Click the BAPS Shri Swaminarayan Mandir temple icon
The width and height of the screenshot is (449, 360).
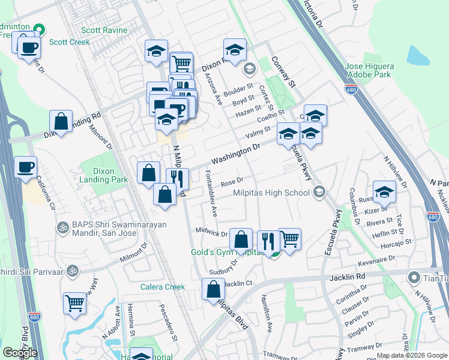point(61,227)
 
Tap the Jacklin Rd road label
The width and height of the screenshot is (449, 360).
point(348,277)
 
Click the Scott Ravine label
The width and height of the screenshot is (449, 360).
point(104,30)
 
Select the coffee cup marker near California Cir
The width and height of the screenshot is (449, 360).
point(25,167)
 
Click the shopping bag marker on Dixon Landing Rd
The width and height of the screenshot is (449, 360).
point(61,121)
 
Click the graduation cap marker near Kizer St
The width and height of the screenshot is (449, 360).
point(384,191)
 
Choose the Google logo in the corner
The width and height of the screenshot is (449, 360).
point(20,353)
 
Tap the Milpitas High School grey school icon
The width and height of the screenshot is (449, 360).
point(319,193)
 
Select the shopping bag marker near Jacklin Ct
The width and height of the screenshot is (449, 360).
point(214,290)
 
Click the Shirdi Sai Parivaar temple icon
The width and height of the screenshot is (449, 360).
point(73,270)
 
